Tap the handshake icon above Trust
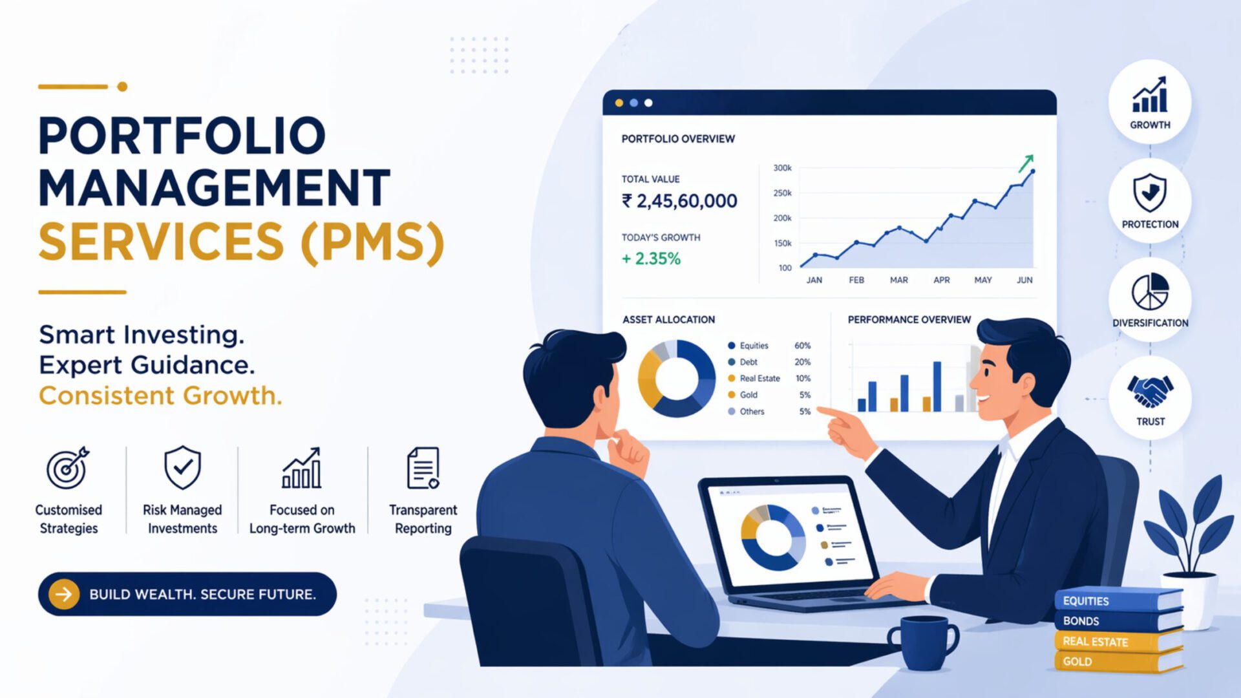coord(1150,391)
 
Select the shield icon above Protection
coord(1150,193)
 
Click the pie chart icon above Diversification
coord(1150,291)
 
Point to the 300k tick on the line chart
coord(782,168)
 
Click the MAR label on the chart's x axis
coord(898,280)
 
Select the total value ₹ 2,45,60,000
coord(679,201)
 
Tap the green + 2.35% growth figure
coord(651,259)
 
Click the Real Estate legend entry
coord(759,378)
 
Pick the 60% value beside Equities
coord(802,346)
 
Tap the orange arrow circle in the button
coord(64,594)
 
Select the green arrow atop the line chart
coord(1026,163)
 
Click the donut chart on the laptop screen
coord(772,537)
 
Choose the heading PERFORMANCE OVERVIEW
coord(909,319)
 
